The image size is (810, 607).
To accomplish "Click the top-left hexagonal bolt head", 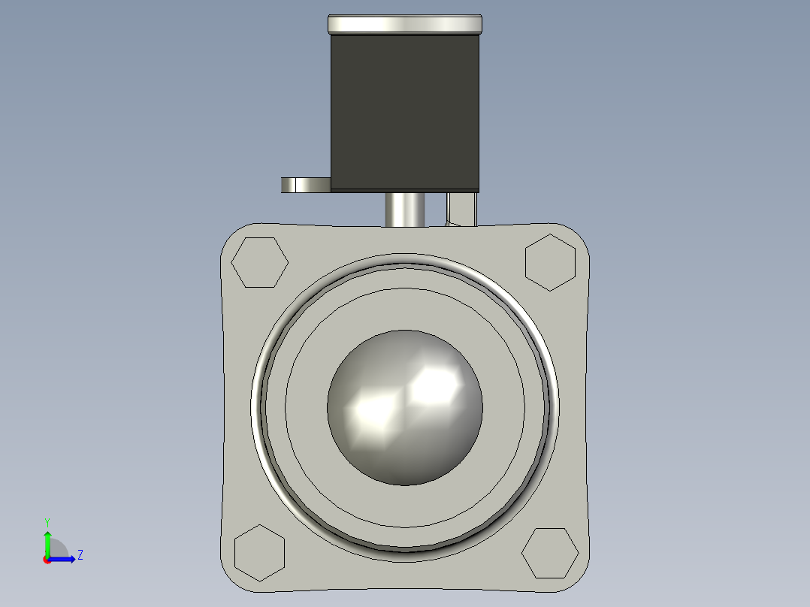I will [x=259, y=262].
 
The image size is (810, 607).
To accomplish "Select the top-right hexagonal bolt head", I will [x=550, y=262].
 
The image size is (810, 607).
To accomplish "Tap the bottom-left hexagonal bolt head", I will [x=260, y=553].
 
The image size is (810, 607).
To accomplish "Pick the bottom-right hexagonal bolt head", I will [x=550, y=554].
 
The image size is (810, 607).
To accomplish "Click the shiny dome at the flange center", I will [x=404, y=408].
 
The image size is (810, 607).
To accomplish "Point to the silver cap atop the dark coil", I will [x=404, y=24].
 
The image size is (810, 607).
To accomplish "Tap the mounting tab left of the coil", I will [x=305, y=185].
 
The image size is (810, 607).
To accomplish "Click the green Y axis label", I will [x=47, y=521].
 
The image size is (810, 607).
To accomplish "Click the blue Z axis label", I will [x=80, y=555].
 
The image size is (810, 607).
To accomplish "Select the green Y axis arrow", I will [x=47, y=542].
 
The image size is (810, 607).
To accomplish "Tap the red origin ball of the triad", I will [x=47, y=560].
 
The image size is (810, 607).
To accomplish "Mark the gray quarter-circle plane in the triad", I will [x=58, y=549].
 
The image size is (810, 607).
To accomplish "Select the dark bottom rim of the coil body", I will [x=404, y=189].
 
